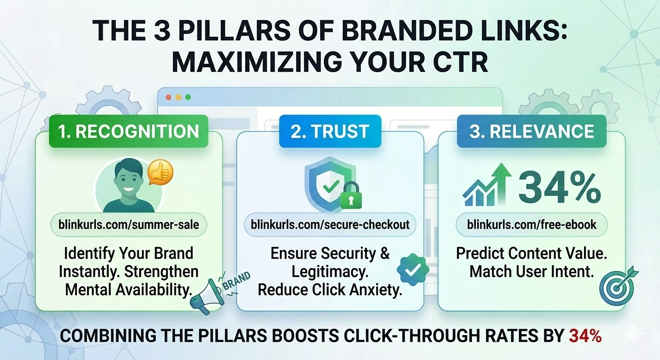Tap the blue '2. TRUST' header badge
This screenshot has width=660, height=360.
pyautogui.click(x=330, y=131)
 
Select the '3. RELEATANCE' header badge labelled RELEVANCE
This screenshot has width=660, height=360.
pyautogui.click(x=532, y=131)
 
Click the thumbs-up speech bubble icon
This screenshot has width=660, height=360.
pyautogui.click(x=160, y=173)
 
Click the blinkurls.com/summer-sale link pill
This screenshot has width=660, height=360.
pyautogui.click(x=128, y=225)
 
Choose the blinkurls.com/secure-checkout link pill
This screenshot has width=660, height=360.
pyautogui.click(x=330, y=225)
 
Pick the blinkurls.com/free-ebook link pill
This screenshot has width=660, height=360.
pyautogui.click(x=532, y=225)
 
